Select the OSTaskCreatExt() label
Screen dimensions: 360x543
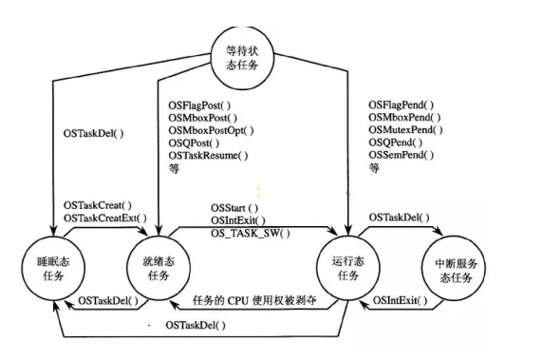point(105,218)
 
